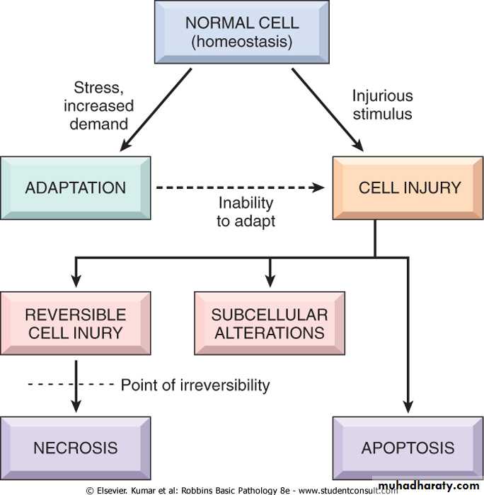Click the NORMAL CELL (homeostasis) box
point(242,33)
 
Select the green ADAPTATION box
point(76,187)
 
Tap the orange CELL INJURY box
point(409,187)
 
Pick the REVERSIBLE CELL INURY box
point(76,323)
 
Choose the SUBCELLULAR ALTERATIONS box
point(270,323)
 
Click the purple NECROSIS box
point(76,448)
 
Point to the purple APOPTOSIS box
point(408,448)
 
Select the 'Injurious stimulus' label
point(382,104)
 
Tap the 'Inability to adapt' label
point(246,211)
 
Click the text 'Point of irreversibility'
point(195,385)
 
